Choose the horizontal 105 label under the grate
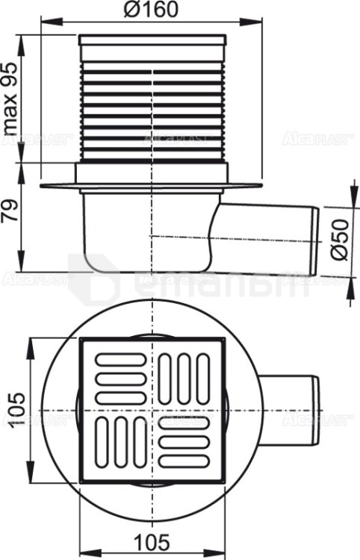[154, 541]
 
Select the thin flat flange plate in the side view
[154, 184]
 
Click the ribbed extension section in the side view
[154, 105]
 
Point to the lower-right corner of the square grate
[226, 476]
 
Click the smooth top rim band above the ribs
[154, 43]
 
